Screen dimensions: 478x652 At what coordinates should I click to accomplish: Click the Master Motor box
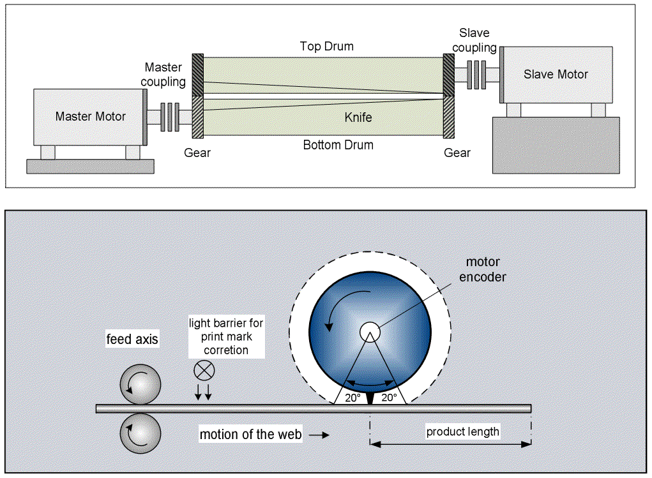click(x=89, y=117)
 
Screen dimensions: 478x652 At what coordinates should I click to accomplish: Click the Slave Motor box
click(x=555, y=74)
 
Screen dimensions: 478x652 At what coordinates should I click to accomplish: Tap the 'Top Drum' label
click(x=326, y=47)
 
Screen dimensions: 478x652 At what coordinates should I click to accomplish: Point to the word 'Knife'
click(x=358, y=117)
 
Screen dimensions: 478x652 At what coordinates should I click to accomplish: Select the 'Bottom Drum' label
click(x=338, y=145)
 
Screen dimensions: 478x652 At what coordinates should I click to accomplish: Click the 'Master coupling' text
click(x=163, y=74)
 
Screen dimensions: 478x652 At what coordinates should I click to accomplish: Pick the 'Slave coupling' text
click(x=478, y=40)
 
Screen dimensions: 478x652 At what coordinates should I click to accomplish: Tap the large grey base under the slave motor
click(x=556, y=145)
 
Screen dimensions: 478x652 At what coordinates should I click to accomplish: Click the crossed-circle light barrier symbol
click(x=204, y=370)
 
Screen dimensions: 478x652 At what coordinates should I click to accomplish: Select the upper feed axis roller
click(x=140, y=384)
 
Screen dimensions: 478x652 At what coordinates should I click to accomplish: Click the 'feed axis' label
click(x=132, y=340)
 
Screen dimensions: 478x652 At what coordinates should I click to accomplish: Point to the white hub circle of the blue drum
click(x=369, y=332)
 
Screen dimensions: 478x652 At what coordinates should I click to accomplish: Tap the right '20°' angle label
click(x=388, y=397)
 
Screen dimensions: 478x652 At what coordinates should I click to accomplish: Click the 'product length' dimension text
click(x=462, y=431)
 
